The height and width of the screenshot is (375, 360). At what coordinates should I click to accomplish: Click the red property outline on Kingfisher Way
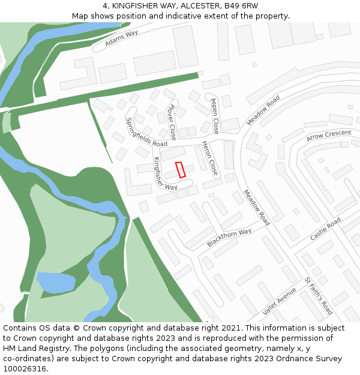(x=181, y=169)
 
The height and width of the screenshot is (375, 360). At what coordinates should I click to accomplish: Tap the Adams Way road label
(x=121, y=38)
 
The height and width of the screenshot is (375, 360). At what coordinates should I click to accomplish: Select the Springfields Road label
(x=146, y=132)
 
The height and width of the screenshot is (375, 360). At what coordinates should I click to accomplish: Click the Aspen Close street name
(x=214, y=115)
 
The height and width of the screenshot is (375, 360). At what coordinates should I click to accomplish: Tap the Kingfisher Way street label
(x=165, y=174)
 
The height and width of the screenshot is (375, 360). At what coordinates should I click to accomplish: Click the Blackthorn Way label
(x=229, y=237)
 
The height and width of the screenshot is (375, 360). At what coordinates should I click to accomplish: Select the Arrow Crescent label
(x=328, y=136)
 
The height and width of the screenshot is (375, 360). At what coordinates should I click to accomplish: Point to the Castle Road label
(x=325, y=229)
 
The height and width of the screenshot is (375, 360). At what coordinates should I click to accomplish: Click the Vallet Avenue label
(x=280, y=301)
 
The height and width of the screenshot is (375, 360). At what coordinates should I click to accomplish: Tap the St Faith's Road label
(x=318, y=296)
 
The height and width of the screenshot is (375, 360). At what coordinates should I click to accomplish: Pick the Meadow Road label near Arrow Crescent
(x=263, y=110)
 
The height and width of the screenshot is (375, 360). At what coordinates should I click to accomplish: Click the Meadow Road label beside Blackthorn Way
(x=257, y=208)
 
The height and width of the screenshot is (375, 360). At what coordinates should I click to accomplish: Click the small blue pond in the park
(x=56, y=283)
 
